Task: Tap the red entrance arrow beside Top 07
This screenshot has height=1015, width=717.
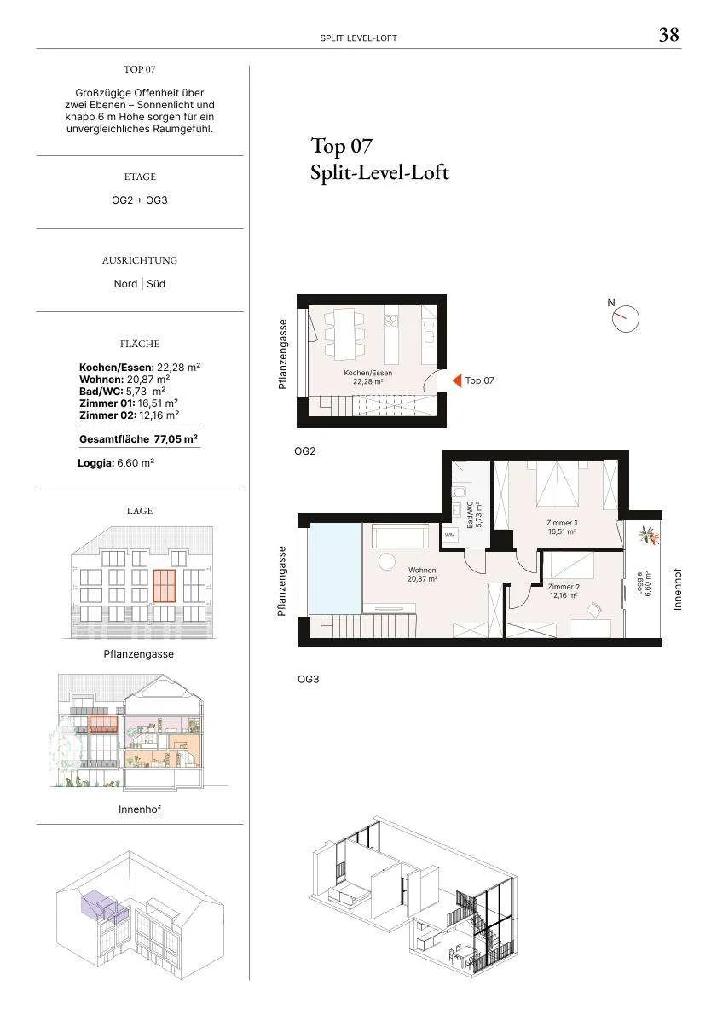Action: (457, 380)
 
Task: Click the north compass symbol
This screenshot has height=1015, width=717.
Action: (625, 318)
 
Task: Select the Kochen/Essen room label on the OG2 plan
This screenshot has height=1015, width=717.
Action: (367, 377)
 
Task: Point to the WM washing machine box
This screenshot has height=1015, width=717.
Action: (450, 536)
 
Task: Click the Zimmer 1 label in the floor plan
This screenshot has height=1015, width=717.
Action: (563, 527)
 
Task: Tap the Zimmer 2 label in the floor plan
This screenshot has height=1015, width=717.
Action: (563, 591)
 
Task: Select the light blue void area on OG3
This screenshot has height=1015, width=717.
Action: (335, 567)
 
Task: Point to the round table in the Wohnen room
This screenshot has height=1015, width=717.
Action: (387, 561)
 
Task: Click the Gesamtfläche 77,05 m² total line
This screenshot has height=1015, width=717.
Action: (138, 439)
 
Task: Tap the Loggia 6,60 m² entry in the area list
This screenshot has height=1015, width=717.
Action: (116, 463)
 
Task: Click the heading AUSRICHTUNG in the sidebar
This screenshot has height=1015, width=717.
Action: (140, 260)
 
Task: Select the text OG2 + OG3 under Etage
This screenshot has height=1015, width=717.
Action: (140, 200)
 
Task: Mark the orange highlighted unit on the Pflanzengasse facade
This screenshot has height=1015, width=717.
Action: (165, 585)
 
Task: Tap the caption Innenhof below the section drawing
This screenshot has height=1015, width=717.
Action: (140, 809)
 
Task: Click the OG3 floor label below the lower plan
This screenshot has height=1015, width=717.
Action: (308, 679)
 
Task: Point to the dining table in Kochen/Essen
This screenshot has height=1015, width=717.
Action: (342, 334)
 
